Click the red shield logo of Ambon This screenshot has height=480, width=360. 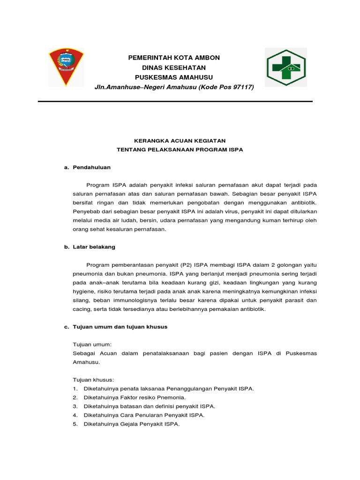66,66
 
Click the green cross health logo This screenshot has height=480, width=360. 285,67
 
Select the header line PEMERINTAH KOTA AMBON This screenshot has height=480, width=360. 174,58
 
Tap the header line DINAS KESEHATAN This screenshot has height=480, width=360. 174,67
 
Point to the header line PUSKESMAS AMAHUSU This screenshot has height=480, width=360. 174,77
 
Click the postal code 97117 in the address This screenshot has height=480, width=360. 242,87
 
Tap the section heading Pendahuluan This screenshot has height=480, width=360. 92,167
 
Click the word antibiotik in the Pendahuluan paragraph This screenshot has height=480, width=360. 302,202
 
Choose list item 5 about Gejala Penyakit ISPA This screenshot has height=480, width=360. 131,424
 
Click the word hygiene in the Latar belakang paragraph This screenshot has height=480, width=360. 84,292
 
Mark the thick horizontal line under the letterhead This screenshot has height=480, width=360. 175,101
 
